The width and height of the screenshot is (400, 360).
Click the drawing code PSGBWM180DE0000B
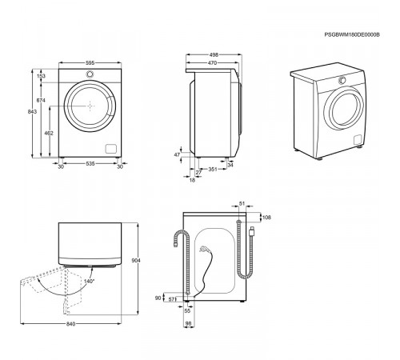(x=352, y=34)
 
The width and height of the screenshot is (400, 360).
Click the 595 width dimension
(x=90, y=63)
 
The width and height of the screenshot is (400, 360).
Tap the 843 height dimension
(x=32, y=111)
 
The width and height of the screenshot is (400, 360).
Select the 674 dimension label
(x=41, y=100)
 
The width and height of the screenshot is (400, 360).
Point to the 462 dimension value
(x=49, y=133)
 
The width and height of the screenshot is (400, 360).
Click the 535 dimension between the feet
(x=90, y=163)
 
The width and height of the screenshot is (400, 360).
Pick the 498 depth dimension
(x=214, y=54)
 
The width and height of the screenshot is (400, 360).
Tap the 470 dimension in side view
(x=212, y=63)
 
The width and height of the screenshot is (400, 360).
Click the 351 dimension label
(x=213, y=169)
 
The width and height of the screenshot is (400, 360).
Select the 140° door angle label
(x=90, y=281)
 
